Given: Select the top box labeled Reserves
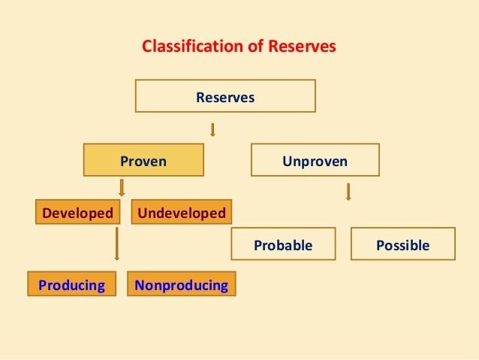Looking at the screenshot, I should click(x=225, y=96).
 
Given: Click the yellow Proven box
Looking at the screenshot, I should click(x=143, y=160).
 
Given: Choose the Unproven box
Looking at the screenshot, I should click(x=315, y=160).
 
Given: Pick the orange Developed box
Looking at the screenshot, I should click(x=77, y=213).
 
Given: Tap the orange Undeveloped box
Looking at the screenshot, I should click(x=182, y=213).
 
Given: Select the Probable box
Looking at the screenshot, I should click(x=283, y=244).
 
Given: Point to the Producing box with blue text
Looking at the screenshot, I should click(x=72, y=286).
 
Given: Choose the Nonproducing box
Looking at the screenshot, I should click(x=181, y=286).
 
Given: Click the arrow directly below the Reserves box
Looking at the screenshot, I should click(x=213, y=129).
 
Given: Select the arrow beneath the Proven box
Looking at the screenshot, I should click(x=121, y=187).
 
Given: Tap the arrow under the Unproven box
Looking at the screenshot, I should click(x=348, y=192).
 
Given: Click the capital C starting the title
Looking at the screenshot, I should click(x=146, y=47).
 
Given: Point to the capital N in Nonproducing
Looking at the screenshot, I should click(x=140, y=286).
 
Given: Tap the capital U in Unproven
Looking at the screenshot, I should click(x=287, y=160).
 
